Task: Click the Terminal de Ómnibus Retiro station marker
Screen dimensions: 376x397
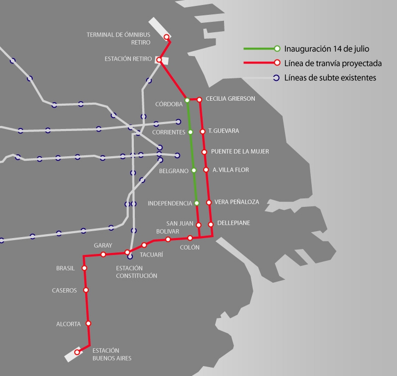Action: pos(167,37)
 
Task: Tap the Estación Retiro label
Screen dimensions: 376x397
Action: pos(128,59)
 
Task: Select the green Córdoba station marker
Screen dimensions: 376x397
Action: pos(187,100)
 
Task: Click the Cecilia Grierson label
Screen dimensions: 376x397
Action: pos(230,99)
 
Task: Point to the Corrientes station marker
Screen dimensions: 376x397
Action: pos(190,132)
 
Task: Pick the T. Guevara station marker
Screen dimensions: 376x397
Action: pos(202,131)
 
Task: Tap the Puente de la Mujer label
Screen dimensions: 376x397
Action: pos(240,151)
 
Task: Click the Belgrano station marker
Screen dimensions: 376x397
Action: pos(194,170)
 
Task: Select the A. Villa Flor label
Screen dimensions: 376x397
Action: pos(230,170)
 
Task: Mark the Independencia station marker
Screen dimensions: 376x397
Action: pos(197,203)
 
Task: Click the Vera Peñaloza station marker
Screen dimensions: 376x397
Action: pos(209,202)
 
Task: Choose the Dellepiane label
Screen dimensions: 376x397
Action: pos(233,223)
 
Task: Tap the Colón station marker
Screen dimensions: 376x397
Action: pos(190,238)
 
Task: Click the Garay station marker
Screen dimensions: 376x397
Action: pos(103,254)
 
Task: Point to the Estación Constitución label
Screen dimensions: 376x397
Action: pos(136,272)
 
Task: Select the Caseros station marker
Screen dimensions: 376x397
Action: pos(86,290)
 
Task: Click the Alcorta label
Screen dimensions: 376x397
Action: pos(68,324)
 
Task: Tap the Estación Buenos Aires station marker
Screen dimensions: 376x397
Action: pos(77,352)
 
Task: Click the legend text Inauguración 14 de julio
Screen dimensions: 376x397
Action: pos(327,49)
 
